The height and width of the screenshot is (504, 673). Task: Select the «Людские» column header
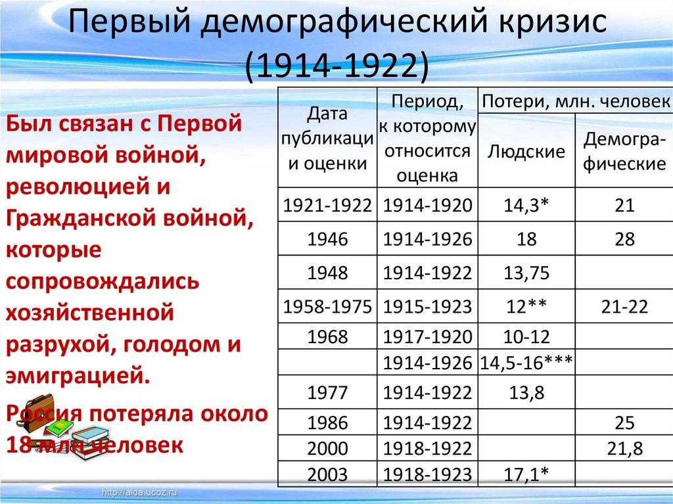click(526, 152)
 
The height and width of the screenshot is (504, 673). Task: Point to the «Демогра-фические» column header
click(624, 151)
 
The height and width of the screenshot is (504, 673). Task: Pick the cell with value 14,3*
click(526, 206)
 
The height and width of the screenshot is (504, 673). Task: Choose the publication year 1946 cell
click(327, 239)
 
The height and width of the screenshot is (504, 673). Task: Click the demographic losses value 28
click(624, 239)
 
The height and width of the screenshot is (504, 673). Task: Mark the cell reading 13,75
click(526, 273)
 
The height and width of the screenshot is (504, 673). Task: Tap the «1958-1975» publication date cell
click(327, 306)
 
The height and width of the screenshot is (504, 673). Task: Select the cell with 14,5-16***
click(526, 362)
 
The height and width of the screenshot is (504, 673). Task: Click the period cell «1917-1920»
click(427, 338)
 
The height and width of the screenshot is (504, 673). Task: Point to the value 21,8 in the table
click(624, 449)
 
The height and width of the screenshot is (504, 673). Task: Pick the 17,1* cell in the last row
click(526, 473)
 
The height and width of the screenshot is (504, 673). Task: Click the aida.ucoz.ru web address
click(141, 492)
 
